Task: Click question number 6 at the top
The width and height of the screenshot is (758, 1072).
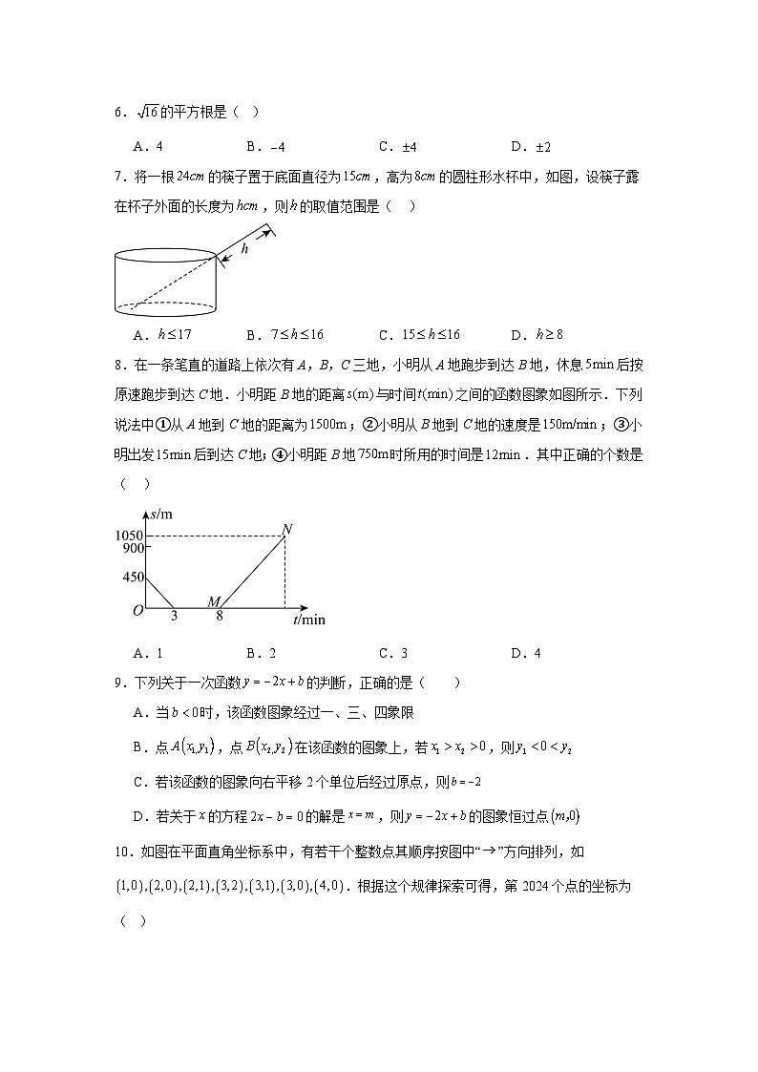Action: click(119, 113)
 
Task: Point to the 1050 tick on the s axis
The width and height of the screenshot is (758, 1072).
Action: click(127, 535)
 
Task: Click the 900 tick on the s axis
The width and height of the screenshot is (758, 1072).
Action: click(131, 548)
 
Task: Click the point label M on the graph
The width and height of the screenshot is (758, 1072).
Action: click(214, 601)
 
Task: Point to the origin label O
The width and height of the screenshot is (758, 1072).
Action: click(137, 610)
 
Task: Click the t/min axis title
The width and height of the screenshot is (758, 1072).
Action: click(308, 620)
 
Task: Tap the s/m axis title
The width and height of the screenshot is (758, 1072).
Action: click(161, 515)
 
